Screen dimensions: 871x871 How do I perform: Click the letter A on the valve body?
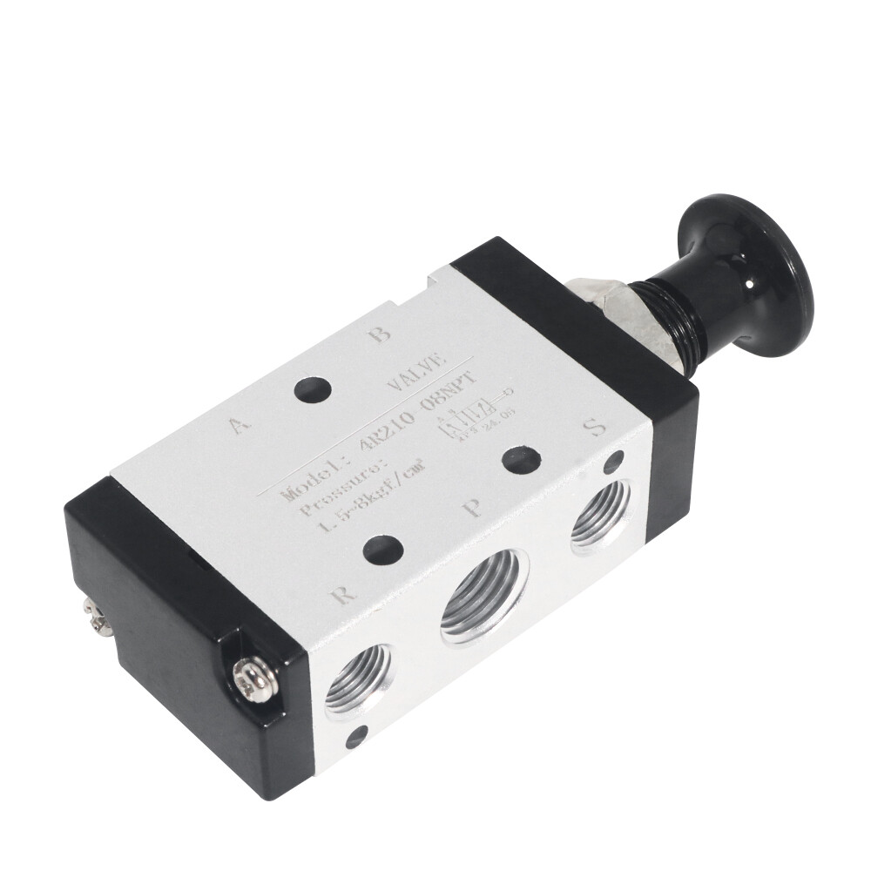tap(238, 424)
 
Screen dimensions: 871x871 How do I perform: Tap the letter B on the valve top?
tap(379, 334)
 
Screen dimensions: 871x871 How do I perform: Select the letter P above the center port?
tap(474, 507)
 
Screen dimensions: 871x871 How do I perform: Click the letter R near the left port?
tap(344, 596)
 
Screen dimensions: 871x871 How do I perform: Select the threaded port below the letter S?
tap(601, 515)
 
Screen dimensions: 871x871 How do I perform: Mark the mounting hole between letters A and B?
tap(313, 389)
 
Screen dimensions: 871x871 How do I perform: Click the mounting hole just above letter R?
tap(382, 550)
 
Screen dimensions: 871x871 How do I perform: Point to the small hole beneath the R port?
tap(356, 738)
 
